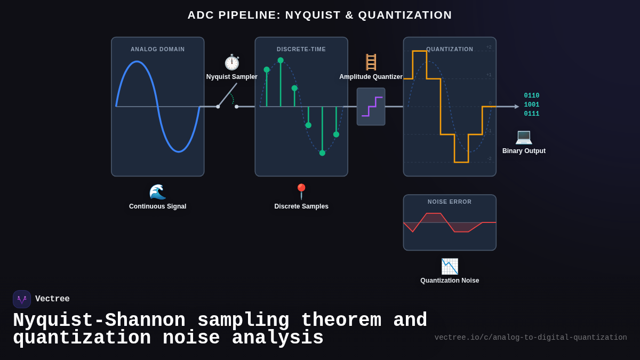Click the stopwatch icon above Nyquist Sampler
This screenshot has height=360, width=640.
pyautogui.click(x=231, y=62)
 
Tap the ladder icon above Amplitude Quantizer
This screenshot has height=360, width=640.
pyautogui.click(x=371, y=62)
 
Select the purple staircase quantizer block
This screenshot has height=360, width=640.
pyautogui.click(x=371, y=107)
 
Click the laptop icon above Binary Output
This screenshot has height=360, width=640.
pyautogui.click(x=524, y=137)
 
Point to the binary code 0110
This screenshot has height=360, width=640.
pyautogui.click(x=531, y=96)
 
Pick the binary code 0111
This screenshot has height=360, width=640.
pyautogui.click(x=531, y=114)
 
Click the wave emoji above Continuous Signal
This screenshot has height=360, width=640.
pyautogui.click(x=157, y=192)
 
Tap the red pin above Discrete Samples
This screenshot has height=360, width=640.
pyautogui.click(x=301, y=191)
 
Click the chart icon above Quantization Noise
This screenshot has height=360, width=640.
pyautogui.click(x=450, y=266)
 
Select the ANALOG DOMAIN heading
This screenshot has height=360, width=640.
pyautogui.click(x=158, y=49)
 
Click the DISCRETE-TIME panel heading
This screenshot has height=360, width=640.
pyautogui.click(x=301, y=49)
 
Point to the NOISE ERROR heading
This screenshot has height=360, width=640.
pyautogui.click(x=450, y=202)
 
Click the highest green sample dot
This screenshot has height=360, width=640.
pyautogui.click(x=281, y=60)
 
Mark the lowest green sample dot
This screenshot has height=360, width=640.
pyautogui.click(x=322, y=153)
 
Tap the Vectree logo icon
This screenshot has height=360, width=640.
pyautogui.click(x=22, y=299)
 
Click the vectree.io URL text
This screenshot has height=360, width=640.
pyautogui.click(x=531, y=338)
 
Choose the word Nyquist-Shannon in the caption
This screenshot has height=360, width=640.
pyautogui.click(x=99, y=320)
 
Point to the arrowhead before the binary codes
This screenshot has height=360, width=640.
pyautogui.click(x=516, y=107)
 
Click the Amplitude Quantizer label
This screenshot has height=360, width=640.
pyautogui.click(x=371, y=77)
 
